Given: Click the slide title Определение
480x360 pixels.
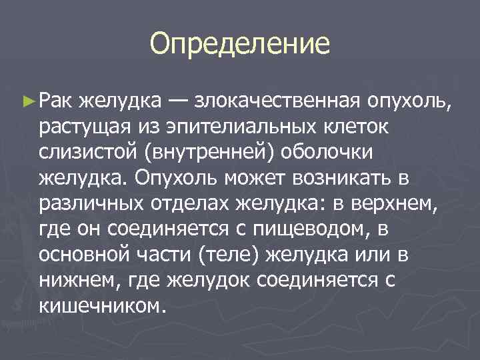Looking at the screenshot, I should [x=240, y=44].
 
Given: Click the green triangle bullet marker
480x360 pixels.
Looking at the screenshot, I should [x=27, y=100].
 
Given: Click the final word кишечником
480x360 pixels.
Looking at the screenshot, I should [x=101, y=308].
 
